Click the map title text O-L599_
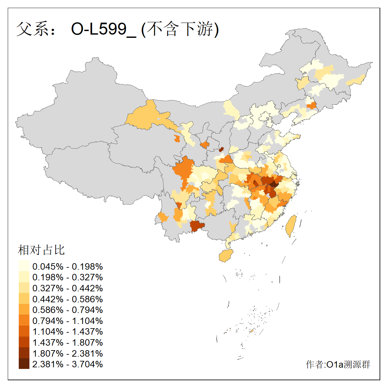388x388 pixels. tap(103, 29)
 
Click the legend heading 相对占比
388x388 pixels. tap(41, 250)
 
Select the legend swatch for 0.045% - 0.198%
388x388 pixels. tap(24, 266)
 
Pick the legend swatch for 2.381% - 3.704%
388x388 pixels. tap(24, 364)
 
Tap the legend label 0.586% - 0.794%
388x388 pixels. tap(68, 310)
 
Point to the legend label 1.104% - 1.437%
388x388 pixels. tap(68, 331)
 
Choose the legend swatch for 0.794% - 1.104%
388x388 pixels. tap(24, 320)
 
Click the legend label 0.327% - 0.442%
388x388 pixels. tap(68, 288)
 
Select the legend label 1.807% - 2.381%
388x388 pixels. tap(68, 353)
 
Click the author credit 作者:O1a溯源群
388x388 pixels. tap(338, 364)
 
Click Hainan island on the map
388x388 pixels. tap(226, 256)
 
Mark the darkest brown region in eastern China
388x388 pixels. tap(274, 184)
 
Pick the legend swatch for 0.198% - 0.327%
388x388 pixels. tap(24, 277)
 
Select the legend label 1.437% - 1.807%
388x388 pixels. tap(68, 342)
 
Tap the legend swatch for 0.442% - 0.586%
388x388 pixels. tap(24, 299)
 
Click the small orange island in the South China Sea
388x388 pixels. tap(251, 331)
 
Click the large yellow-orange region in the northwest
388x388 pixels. tap(145, 116)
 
